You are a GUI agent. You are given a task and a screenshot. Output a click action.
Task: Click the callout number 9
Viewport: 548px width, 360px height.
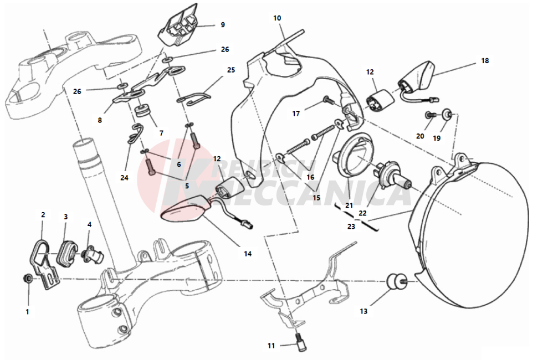pyautogui.click(x=222, y=24)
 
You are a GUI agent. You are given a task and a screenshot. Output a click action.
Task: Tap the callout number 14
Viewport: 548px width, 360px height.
pyautogui.click(x=247, y=254)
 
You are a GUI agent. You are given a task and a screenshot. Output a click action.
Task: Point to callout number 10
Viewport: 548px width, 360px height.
pyautogui.click(x=277, y=18)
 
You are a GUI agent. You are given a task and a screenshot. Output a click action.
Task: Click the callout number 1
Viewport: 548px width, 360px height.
pyautogui.click(x=27, y=312)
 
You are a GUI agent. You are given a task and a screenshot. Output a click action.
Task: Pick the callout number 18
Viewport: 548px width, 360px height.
pyautogui.click(x=485, y=60)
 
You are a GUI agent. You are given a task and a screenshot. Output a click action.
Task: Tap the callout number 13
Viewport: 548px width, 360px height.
pyautogui.click(x=363, y=311)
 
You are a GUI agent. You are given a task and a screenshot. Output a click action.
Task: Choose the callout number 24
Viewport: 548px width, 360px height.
pyautogui.click(x=124, y=178)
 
